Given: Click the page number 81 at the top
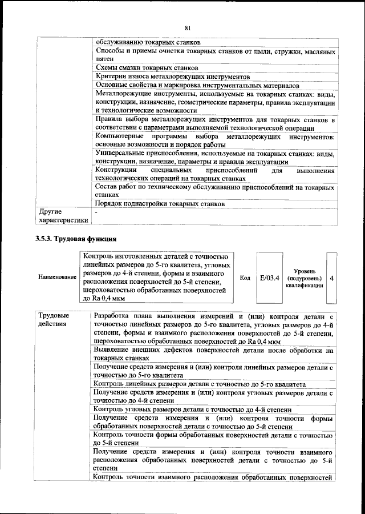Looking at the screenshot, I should point(188,28).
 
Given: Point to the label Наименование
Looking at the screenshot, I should point(57,277).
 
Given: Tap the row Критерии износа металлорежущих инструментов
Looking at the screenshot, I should point(173,76).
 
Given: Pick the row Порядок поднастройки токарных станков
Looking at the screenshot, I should point(159,203).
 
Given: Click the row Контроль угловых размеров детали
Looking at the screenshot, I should point(193,409).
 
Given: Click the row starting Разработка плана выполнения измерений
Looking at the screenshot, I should point(214,328).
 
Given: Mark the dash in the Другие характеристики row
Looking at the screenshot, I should point(96,212).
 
